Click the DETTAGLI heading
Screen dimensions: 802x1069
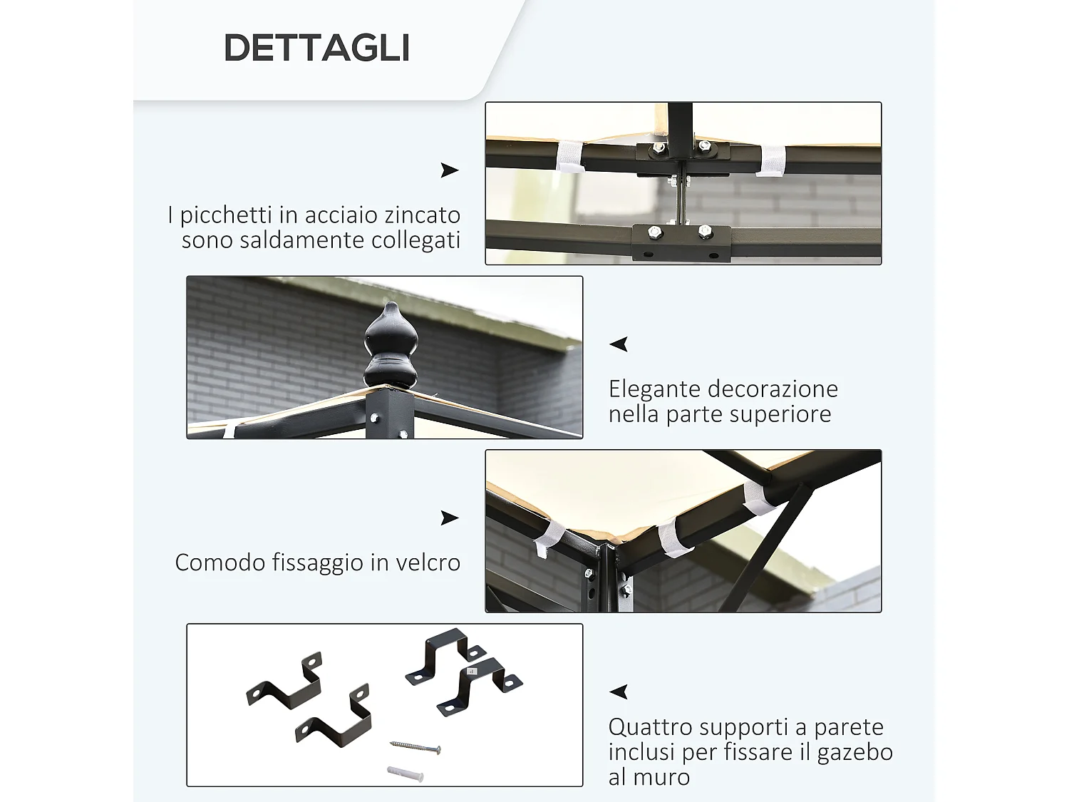[x=316, y=48]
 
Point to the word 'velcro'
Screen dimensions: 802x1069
[x=425, y=562]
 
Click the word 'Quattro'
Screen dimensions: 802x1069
[x=650, y=727]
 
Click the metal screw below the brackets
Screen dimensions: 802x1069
[x=415, y=747]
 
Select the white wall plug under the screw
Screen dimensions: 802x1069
[x=406, y=773]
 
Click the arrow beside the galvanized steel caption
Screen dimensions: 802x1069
[x=449, y=170]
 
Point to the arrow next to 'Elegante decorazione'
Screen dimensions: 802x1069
[x=619, y=344]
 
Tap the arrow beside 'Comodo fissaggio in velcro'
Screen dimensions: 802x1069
[x=449, y=518]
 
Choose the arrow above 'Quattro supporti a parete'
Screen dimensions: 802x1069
[x=619, y=692]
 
